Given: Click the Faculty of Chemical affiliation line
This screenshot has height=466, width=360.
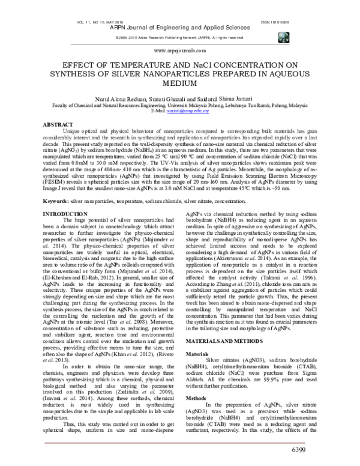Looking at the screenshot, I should point(179,106).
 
